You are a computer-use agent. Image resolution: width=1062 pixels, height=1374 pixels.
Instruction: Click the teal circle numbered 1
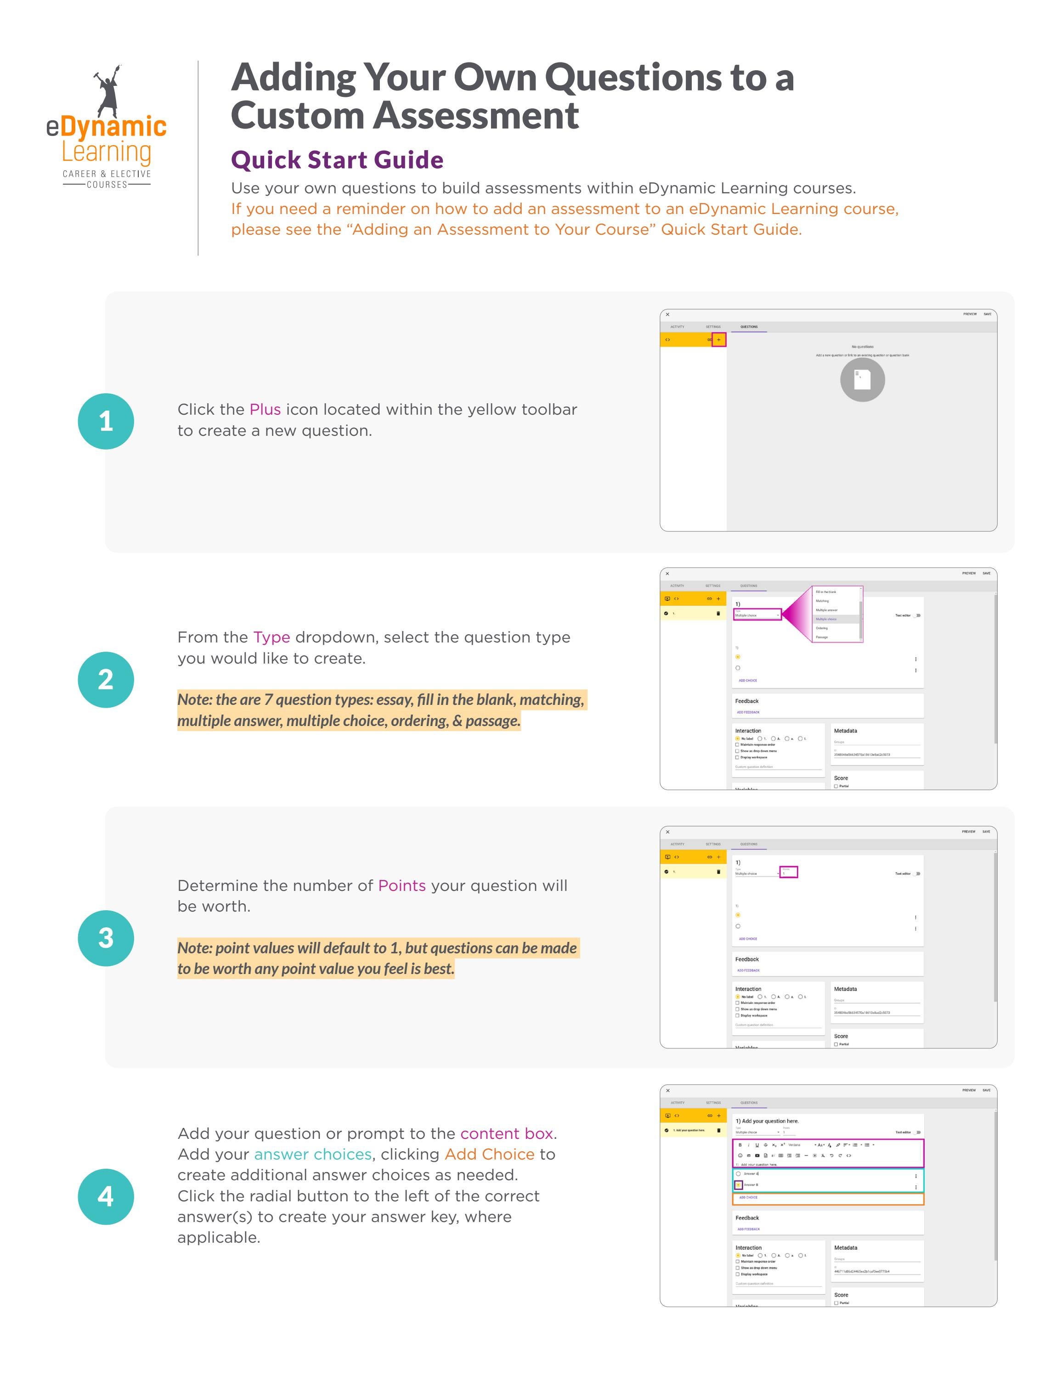pos(106,421)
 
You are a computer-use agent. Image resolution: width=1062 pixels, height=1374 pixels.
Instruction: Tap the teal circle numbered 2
pos(106,680)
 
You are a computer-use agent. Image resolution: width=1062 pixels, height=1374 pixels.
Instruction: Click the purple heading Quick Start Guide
pos(337,160)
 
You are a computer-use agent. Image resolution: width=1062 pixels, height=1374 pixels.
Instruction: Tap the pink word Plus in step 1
pos(265,410)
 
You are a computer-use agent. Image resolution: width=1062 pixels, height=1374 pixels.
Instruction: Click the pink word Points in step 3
pos(401,886)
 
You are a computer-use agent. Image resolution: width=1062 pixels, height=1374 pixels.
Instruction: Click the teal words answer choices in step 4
pos(313,1154)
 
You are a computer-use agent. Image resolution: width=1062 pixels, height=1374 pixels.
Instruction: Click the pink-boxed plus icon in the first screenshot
pos(718,340)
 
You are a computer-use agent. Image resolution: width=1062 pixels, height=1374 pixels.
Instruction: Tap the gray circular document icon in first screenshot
pos(862,379)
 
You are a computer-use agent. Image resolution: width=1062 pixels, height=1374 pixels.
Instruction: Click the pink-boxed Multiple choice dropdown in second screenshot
pos(757,614)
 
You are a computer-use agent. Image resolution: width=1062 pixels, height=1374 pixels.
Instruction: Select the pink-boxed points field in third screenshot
pos(788,873)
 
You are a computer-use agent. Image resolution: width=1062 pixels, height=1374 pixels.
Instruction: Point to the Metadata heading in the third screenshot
pos(845,989)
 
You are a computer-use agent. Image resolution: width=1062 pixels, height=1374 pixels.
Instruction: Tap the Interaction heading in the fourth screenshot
pos(748,1248)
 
